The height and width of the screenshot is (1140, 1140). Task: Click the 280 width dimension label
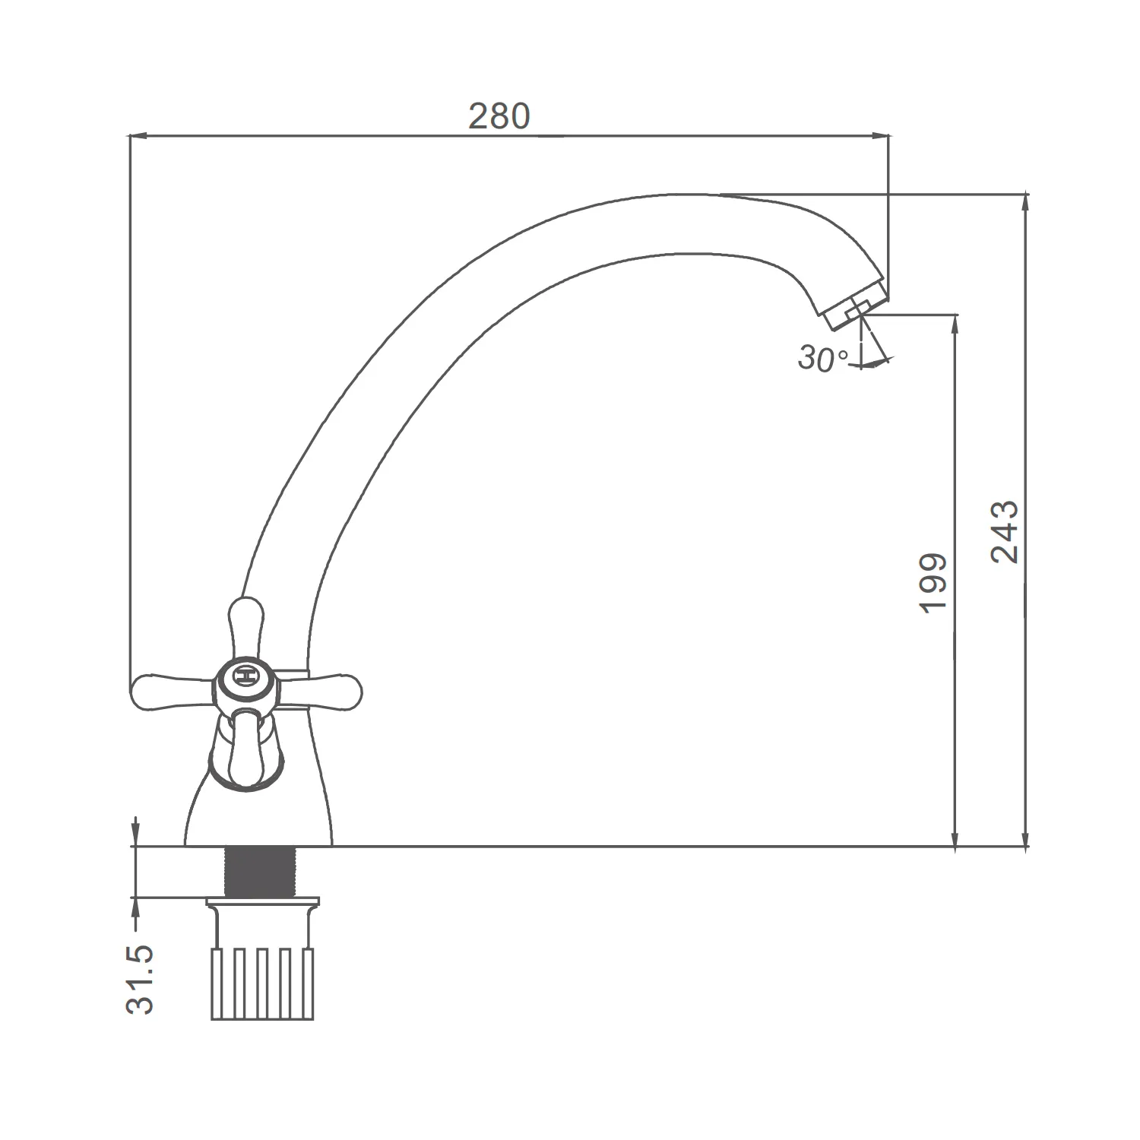(499, 116)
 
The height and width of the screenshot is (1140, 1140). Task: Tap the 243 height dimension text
(1005, 531)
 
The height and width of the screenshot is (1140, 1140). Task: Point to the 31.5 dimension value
(140, 980)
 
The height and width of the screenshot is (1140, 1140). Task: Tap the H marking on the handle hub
(245, 675)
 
